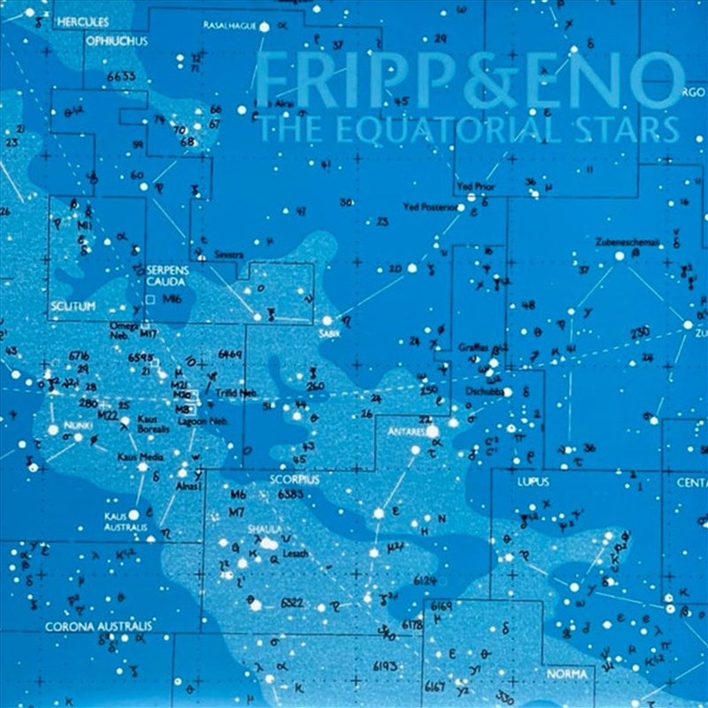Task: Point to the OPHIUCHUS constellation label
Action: [117, 41]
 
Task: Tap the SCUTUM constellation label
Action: [73, 305]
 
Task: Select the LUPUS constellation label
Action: [533, 481]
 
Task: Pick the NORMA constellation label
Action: [566, 674]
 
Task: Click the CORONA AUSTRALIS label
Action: [98, 627]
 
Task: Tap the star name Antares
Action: [407, 431]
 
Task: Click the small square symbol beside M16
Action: [150, 300]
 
